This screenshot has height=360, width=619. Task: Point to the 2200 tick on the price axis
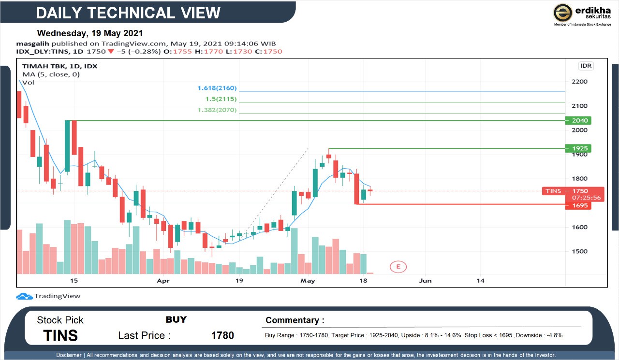point(579,82)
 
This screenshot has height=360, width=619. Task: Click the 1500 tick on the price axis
point(579,251)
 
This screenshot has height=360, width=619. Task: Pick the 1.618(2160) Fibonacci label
point(217,88)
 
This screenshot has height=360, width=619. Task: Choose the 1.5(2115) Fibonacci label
point(221,99)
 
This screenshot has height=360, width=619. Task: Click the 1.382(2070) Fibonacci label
point(217,110)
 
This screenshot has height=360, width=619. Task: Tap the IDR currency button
point(586,66)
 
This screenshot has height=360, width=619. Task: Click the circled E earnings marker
point(398,266)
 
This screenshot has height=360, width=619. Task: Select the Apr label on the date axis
point(163,280)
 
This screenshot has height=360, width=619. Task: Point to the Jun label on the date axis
point(425,280)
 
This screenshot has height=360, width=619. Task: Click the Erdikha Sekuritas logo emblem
point(562,13)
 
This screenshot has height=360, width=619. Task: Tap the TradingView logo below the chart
point(48,296)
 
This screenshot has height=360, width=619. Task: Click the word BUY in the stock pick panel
point(176,319)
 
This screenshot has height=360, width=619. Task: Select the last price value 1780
point(222,335)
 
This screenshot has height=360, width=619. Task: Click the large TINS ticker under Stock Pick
point(60,335)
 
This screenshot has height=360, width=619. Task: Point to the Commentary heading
point(295,320)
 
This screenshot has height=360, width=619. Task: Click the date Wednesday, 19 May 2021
point(90,33)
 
